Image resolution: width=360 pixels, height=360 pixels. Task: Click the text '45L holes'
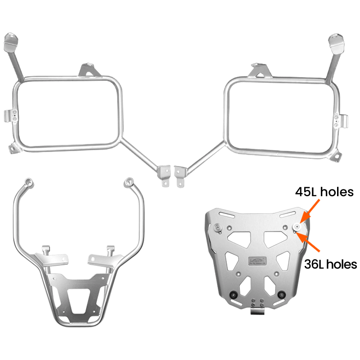pyautogui.click(x=324, y=193)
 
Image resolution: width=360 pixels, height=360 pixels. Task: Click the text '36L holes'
pyautogui.click(x=330, y=264)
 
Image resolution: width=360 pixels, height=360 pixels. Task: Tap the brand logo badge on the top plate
pyautogui.click(x=256, y=261)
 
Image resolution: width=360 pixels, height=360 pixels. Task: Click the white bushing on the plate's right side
pyautogui.click(x=298, y=226)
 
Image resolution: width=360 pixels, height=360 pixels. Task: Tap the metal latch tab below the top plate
pyautogui.click(x=256, y=311)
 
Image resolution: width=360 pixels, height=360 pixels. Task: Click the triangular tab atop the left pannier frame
pyautogui.click(x=87, y=70)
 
